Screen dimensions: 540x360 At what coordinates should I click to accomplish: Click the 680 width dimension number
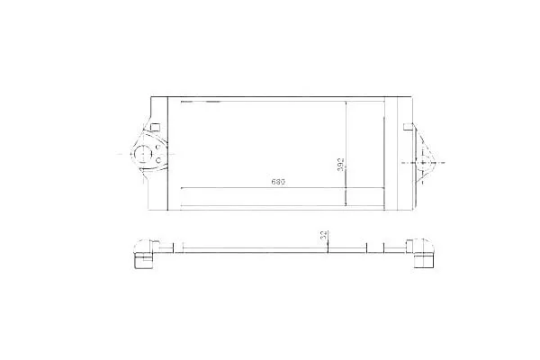point(278,182)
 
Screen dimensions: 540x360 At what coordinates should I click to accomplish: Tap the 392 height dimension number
point(340,165)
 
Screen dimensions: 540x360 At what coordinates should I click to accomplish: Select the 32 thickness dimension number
point(324,235)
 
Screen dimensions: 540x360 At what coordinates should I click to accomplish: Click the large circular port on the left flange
point(142,154)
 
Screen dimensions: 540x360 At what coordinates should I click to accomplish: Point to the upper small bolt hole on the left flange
point(157,148)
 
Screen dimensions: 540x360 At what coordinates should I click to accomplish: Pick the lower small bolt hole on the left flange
point(158,160)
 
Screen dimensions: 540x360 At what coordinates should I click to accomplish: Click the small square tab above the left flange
point(156,127)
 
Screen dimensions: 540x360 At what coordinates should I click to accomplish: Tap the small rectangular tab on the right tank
point(408,126)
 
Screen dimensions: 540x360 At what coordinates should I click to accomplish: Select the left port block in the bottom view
point(144,254)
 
